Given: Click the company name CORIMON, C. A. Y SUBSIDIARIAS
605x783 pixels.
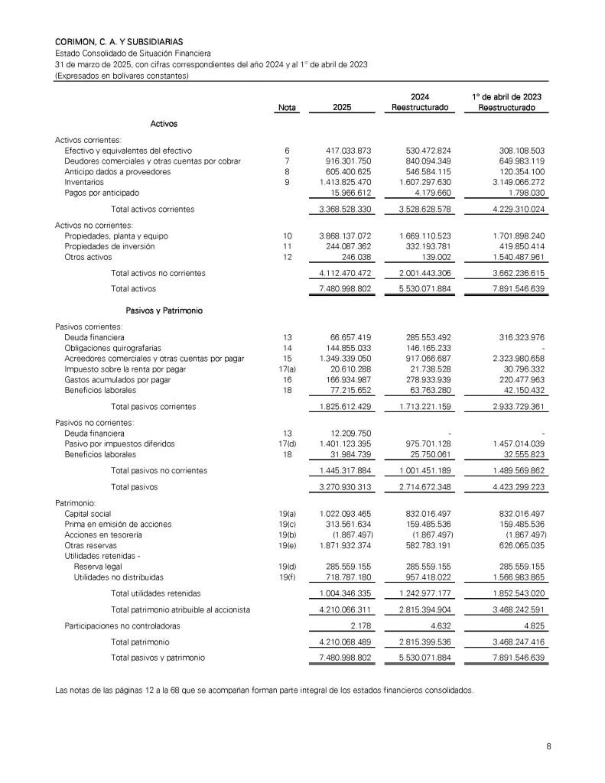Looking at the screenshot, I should pyautogui.click(x=119, y=41).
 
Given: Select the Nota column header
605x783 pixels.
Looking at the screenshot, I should pyautogui.click(x=287, y=109).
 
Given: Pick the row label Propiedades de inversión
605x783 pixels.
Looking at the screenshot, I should pyautogui.click(x=110, y=247).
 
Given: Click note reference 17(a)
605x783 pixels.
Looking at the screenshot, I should pyautogui.click(x=287, y=369).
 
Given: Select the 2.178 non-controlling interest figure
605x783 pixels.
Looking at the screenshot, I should pyautogui.click(x=356, y=626).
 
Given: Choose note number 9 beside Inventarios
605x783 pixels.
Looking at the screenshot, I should pyautogui.click(x=287, y=183).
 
